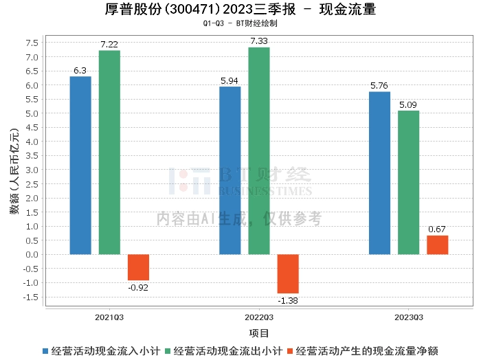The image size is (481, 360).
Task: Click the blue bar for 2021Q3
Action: (x=80, y=165)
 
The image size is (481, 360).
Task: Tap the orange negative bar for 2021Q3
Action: (x=138, y=267)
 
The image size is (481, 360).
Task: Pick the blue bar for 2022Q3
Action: (x=230, y=170)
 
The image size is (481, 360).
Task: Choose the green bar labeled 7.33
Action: (x=259, y=150)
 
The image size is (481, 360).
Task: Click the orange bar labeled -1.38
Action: (x=288, y=273)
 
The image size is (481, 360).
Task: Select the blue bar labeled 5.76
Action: (x=379, y=173)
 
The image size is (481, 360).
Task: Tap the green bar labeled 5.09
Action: (x=408, y=183)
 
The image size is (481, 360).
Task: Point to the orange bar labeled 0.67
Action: (x=437, y=245)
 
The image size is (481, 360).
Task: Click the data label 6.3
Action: (x=80, y=71)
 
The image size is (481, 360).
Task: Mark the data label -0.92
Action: (x=138, y=287)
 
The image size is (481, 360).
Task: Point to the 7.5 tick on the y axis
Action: (x=32, y=43)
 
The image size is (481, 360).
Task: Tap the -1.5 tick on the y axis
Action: (x=31, y=297)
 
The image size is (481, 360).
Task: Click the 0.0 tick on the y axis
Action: (x=32, y=254)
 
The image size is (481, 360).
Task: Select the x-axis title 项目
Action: (x=259, y=334)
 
